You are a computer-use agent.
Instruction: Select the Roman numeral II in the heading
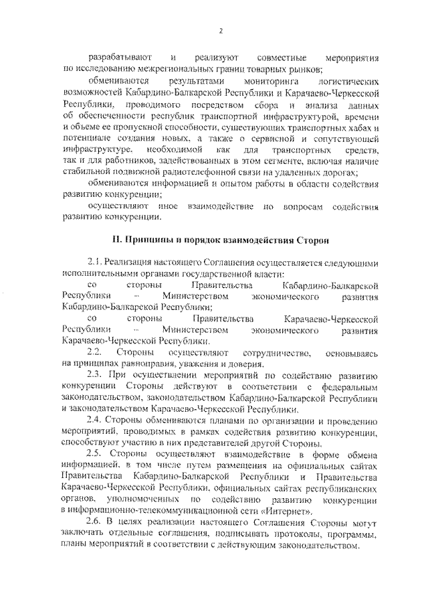click(116, 239)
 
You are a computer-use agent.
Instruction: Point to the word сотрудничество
click(276, 352)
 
